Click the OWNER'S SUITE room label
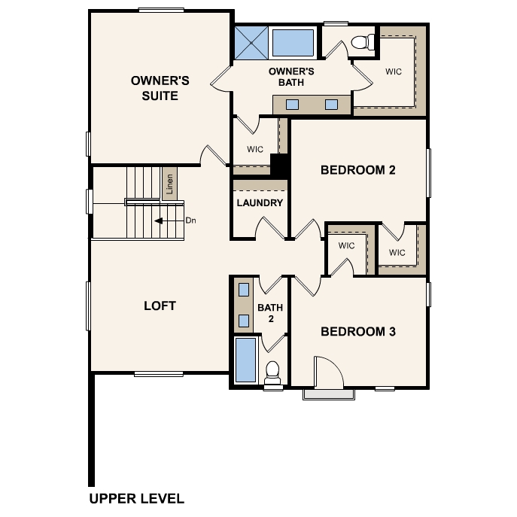click(x=160, y=88)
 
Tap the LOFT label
click(x=160, y=306)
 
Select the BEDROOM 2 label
click(x=357, y=170)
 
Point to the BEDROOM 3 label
click(x=358, y=331)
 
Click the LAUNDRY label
click(x=260, y=202)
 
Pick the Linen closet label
click(x=169, y=184)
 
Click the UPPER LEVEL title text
click(x=136, y=498)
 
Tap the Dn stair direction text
click(x=190, y=220)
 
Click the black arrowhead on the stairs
click(x=159, y=220)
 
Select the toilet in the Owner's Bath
click(x=363, y=42)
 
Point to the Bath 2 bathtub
click(x=245, y=360)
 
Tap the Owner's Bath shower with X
click(x=251, y=43)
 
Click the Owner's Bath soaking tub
click(x=293, y=43)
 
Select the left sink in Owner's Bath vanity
click(x=292, y=105)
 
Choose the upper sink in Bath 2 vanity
click(x=244, y=290)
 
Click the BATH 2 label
click(x=270, y=313)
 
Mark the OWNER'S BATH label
click(x=291, y=77)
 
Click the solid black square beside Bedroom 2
click(x=279, y=166)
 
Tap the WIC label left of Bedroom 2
click(x=255, y=149)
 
